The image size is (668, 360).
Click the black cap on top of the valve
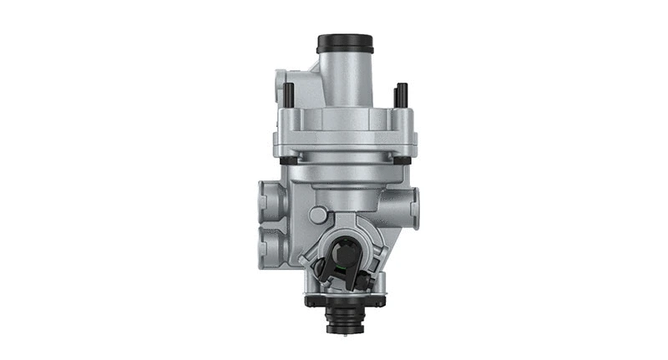coord(344,42)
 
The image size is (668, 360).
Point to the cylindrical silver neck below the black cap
coord(344,75)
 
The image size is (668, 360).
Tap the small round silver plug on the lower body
coord(316,214)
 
